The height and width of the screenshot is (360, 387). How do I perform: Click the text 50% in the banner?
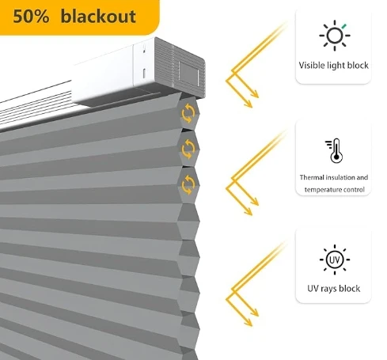(x=31, y=17)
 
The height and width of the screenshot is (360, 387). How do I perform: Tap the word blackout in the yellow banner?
(x=98, y=16)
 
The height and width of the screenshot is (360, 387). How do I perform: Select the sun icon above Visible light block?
(x=335, y=36)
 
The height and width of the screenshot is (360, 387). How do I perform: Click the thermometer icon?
(x=334, y=150)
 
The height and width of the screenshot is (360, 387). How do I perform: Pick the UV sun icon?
(x=335, y=260)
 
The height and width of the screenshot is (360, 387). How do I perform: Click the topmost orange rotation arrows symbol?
(x=188, y=113)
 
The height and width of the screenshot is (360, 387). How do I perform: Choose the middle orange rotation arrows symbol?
(x=188, y=149)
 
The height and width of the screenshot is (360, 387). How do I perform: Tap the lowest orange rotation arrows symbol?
(x=188, y=184)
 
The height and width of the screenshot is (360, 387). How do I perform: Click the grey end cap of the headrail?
(x=180, y=68)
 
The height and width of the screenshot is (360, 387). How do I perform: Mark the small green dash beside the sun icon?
(x=344, y=26)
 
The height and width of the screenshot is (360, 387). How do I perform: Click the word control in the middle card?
(x=355, y=190)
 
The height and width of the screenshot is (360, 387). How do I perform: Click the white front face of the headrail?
(x=103, y=76)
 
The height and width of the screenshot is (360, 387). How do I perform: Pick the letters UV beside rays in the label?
(x=313, y=288)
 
